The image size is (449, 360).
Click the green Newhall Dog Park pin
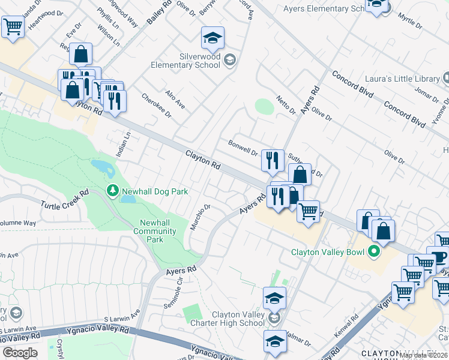112,191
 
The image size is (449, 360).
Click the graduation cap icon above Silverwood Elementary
212,38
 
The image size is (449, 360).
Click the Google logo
20,352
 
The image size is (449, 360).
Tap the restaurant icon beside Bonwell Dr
273,160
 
